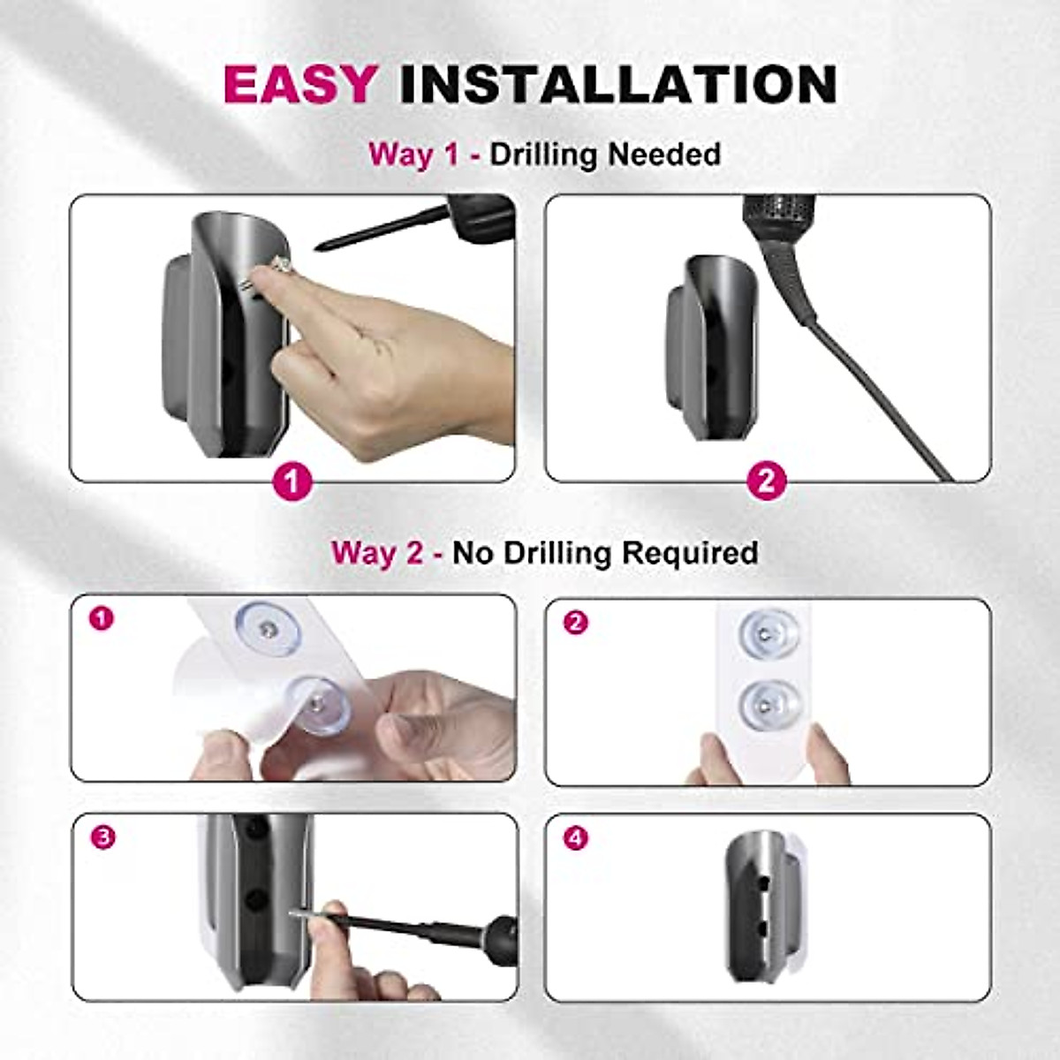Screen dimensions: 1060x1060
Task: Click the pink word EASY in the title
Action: click(300, 85)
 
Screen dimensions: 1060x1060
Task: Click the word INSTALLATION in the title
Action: click(617, 85)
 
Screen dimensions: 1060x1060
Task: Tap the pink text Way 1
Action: click(413, 155)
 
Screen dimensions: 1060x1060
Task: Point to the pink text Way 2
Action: click(377, 553)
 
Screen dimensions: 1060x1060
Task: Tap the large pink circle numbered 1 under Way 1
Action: click(292, 482)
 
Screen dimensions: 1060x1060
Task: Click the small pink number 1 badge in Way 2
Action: click(102, 618)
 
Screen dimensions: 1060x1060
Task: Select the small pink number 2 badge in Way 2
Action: click(575, 623)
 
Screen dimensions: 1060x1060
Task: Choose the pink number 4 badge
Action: click(575, 837)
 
